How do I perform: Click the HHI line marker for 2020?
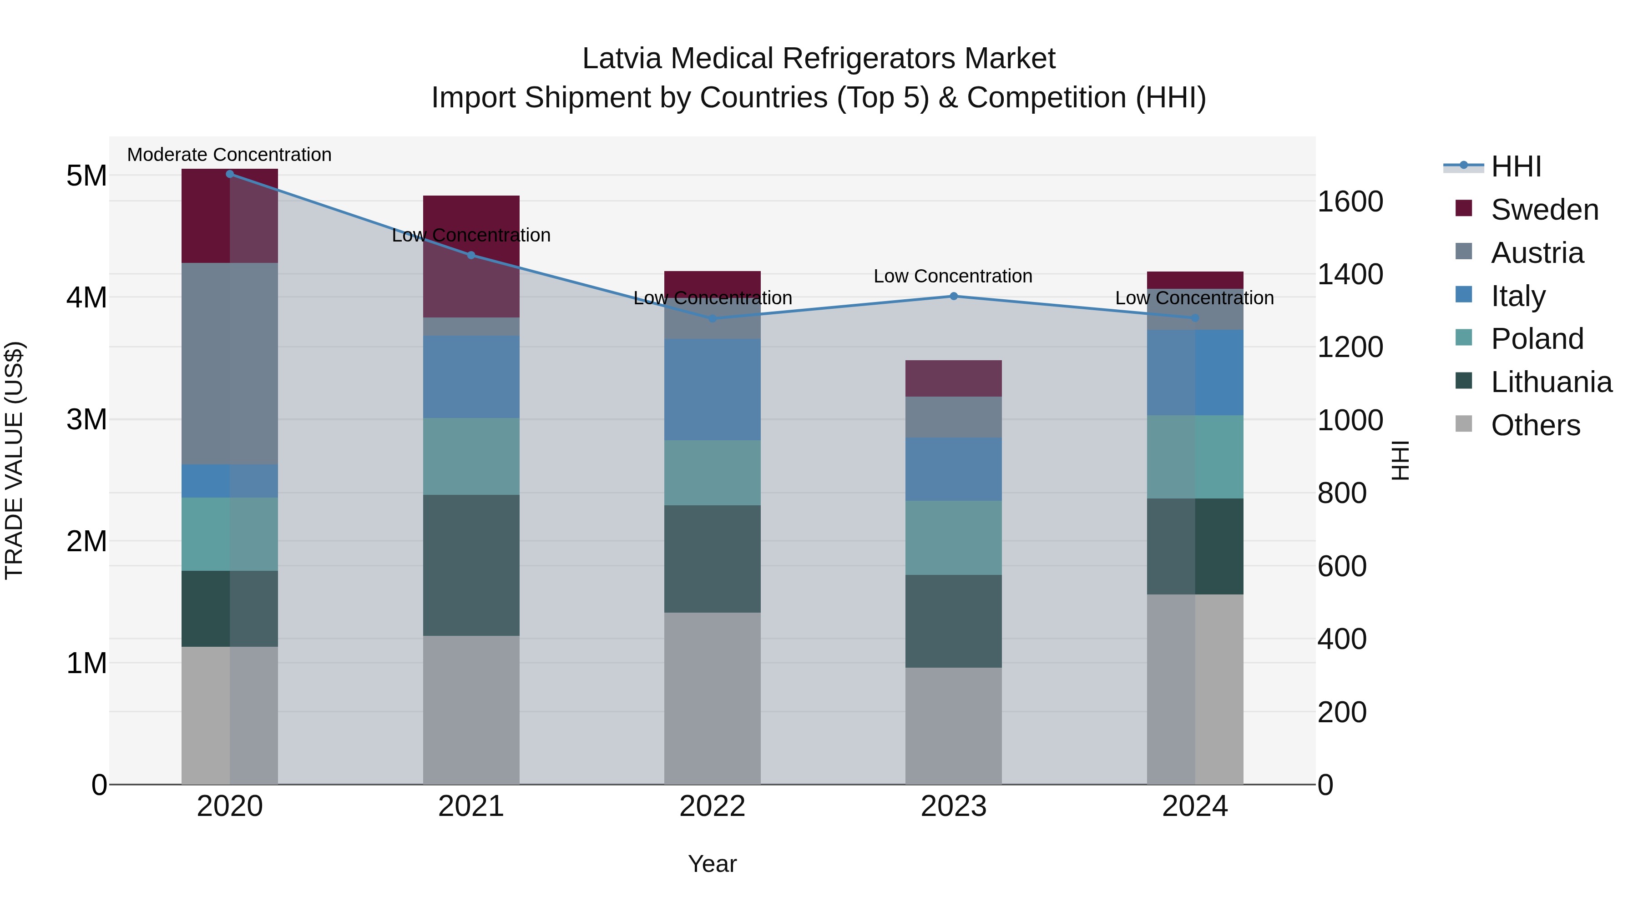click(230, 174)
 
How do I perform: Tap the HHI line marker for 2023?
click(953, 296)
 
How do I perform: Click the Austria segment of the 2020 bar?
click(230, 363)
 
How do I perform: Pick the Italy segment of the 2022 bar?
click(712, 389)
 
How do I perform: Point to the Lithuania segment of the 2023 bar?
click(953, 620)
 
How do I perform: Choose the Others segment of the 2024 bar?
click(1195, 689)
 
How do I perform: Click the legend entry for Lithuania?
click(1551, 382)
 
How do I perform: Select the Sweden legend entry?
click(1544, 210)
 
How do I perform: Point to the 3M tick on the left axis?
click(86, 419)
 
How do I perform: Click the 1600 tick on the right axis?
click(1350, 201)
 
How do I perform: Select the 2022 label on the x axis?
click(712, 806)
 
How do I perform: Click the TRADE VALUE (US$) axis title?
click(14, 460)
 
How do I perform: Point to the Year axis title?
click(712, 864)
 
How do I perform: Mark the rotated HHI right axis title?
click(1400, 460)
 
